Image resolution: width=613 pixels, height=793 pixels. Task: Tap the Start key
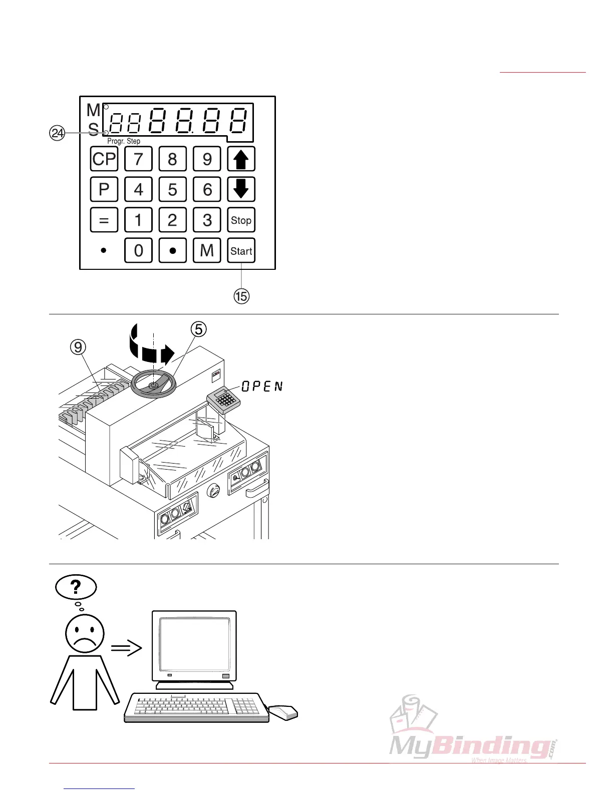(x=241, y=250)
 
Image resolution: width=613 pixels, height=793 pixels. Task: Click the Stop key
(x=241, y=220)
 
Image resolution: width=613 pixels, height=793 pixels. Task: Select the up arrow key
(x=241, y=159)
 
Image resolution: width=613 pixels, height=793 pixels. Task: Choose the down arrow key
(x=241, y=189)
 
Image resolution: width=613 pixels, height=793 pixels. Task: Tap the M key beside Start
(x=207, y=250)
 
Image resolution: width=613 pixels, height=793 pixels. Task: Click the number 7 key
(x=138, y=159)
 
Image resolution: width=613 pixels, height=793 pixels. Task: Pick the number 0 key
(x=138, y=250)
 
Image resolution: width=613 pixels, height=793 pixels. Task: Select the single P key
(x=104, y=189)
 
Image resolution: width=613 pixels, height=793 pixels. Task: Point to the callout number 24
(x=58, y=133)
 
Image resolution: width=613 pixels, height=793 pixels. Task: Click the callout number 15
(x=241, y=296)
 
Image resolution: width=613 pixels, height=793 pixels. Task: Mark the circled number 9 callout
(x=78, y=347)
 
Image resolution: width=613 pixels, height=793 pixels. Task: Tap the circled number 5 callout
(x=199, y=329)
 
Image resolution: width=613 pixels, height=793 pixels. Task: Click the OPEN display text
(x=262, y=386)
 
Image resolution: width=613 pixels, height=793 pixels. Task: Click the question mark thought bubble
(x=76, y=587)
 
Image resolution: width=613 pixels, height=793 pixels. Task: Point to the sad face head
(x=85, y=634)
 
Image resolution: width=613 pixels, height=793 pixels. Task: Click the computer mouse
(x=283, y=712)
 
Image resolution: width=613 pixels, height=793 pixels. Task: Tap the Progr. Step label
(x=124, y=141)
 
